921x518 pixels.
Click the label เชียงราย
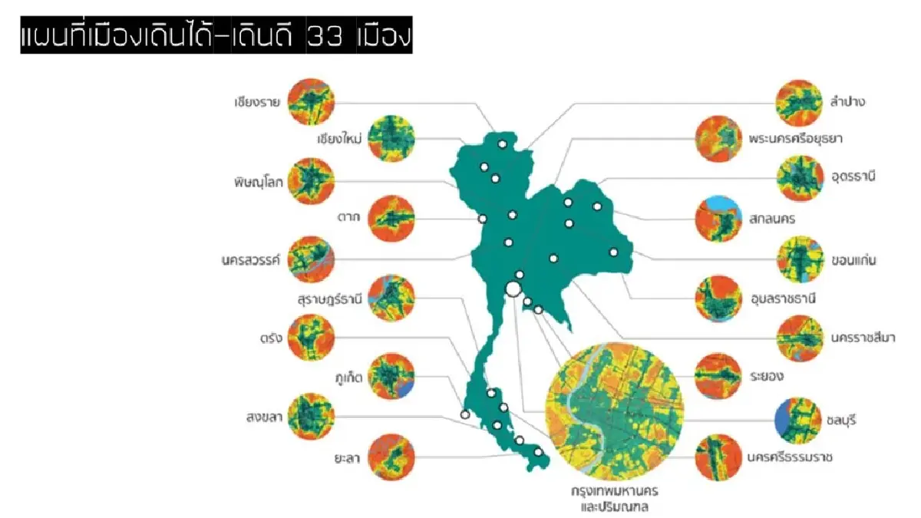point(257,101)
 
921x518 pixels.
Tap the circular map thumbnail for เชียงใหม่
point(391,139)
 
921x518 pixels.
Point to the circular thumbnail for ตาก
point(391,219)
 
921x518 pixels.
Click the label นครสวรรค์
point(249,259)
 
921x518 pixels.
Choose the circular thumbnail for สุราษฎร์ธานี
point(391,298)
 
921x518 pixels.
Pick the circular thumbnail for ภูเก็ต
point(391,378)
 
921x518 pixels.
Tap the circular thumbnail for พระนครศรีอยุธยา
point(718,140)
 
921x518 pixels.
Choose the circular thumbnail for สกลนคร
point(718,219)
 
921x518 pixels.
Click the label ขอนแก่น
point(853,260)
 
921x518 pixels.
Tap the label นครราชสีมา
point(862,338)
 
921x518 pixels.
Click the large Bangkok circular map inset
point(613,411)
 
